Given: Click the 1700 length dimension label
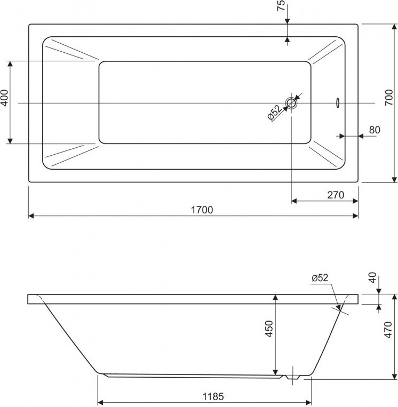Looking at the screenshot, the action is [202, 210].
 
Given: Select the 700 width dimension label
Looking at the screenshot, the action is [389, 97].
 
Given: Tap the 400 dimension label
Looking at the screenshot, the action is [4, 98].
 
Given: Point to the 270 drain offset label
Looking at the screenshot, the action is [336, 195].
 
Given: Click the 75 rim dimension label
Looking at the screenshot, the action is [281, 5].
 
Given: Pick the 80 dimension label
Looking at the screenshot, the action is [375, 130].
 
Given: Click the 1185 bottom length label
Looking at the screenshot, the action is [213, 397].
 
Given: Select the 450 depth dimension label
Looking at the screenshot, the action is [269, 329].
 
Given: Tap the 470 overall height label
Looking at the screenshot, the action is [388, 330].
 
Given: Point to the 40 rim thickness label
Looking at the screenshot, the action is [372, 278].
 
